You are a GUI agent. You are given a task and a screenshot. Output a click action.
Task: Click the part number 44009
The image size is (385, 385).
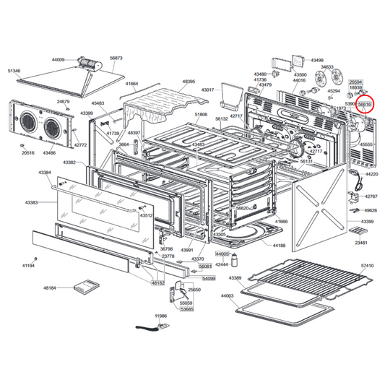click(x=58, y=60)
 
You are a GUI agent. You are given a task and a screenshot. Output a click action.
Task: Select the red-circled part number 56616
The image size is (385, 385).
click(x=365, y=105)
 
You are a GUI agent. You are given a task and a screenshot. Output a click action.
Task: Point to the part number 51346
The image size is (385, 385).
click(x=14, y=72)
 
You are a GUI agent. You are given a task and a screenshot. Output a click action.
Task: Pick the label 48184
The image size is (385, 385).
click(x=50, y=288)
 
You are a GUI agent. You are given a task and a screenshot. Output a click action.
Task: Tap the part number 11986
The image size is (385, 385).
click(x=160, y=316)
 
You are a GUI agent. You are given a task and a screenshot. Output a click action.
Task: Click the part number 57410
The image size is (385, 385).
click(x=367, y=267)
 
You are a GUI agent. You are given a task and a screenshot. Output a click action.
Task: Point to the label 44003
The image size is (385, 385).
click(x=228, y=296)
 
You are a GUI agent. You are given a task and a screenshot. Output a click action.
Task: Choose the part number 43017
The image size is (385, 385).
click(x=208, y=90)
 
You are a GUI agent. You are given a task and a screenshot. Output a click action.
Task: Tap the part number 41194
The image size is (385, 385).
click(x=28, y=267)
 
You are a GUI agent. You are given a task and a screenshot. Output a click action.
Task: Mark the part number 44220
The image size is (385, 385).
click(x=371, y=175)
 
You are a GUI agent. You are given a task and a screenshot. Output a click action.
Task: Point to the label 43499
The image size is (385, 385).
click(x=316, y=60)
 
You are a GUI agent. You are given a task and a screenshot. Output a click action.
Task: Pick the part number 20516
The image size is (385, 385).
click(x=27, y=153)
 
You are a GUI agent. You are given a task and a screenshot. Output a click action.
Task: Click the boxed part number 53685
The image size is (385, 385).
click(x=187, y=309)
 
